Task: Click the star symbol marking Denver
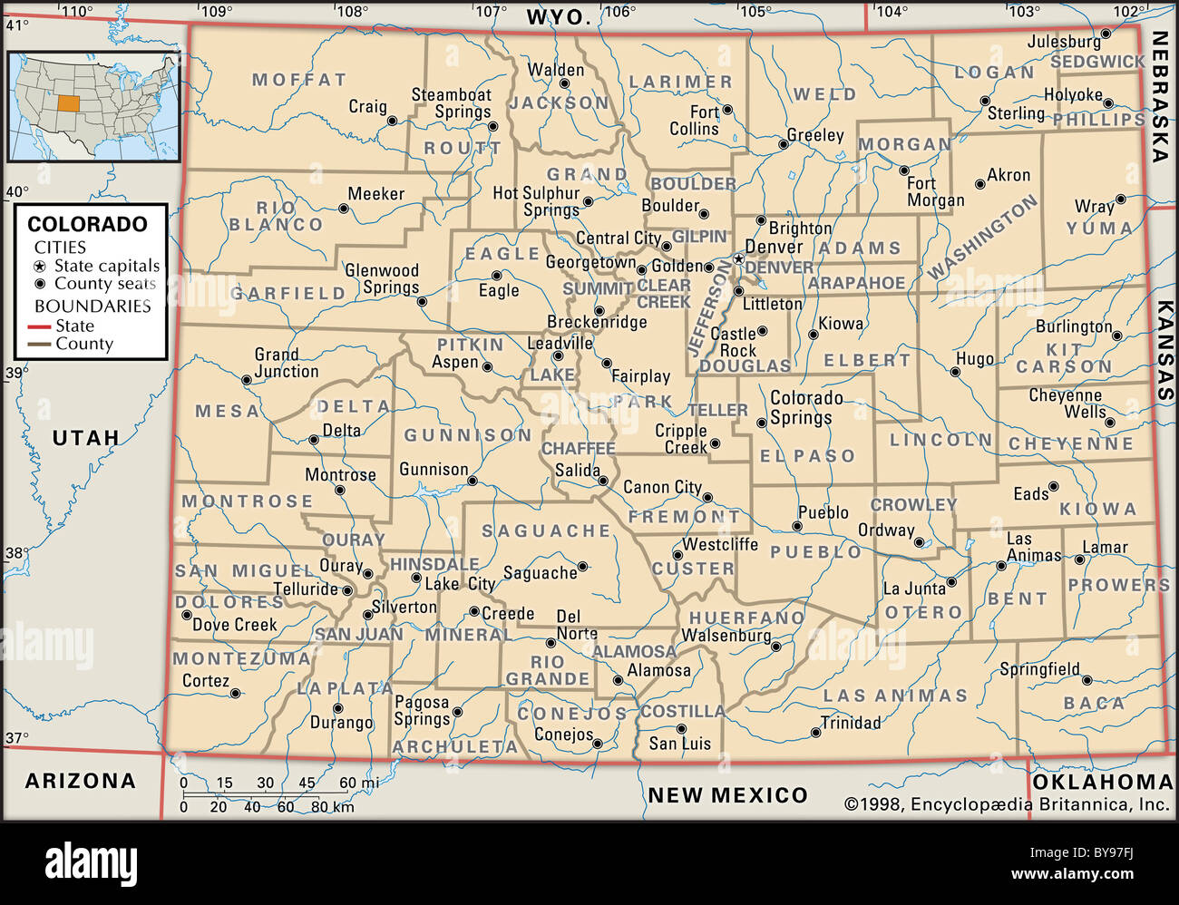click(x=739, y=258)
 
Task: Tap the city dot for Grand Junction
click(x=246, y=380)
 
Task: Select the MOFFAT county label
click(x=299, y=80)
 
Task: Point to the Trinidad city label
click(x=851, y=723)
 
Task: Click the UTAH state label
click(x=85, y=438)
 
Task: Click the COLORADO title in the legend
click(x=87, y=224)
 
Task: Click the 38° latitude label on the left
click(x=17, y=553)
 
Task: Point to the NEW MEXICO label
click(x=727, y=795)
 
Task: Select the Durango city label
click(x=341, y=723)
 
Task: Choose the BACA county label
click(x=1094, y=703)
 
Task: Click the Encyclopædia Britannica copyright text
click(x=1007, y=803)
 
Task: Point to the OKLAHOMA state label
click(x=1103, y=782)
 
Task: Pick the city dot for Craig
click(x=393, y=120)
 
